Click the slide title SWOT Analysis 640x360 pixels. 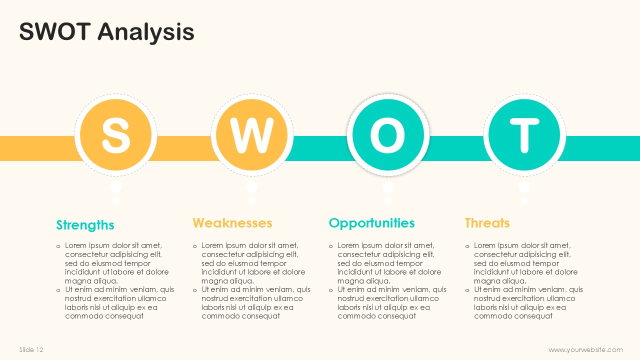point(106,32)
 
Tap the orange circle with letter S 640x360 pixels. point(115,135)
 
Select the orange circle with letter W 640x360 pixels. point(251,135)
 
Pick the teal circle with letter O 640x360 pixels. point(388,135)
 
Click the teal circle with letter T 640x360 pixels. point(524,135)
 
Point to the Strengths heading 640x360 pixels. point(85,225)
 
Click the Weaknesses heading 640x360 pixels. point(232,223)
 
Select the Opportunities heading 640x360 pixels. point(371,223)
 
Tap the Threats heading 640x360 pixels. point(487,223)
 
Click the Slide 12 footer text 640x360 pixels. point(31,349)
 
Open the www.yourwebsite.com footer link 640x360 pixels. point(585,350)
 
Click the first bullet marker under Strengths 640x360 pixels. point(58,246)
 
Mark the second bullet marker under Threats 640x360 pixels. point(467,290)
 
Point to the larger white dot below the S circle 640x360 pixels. point(115,187)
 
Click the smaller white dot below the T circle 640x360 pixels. point(524,200)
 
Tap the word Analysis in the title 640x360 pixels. point(146,32)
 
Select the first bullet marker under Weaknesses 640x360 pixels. point(195,246)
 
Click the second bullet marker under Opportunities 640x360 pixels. point(331,290)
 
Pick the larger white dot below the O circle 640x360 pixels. point(388,187)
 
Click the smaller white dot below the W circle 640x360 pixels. point(251,200)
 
